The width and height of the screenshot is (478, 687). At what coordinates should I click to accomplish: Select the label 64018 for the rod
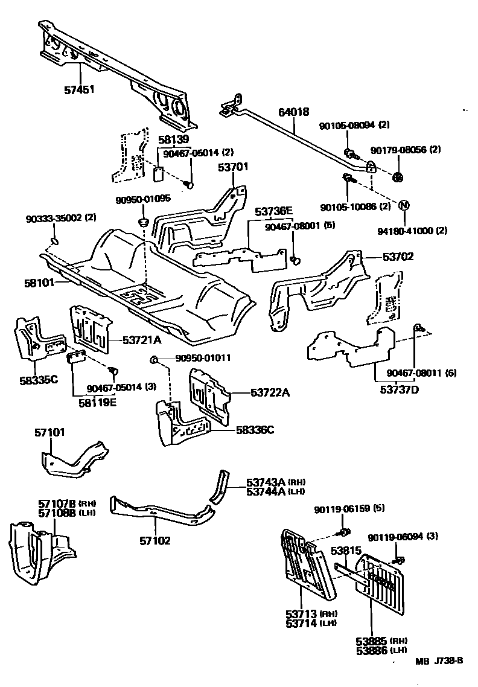[293, 112]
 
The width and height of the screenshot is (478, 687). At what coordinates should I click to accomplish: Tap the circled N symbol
[404, 205]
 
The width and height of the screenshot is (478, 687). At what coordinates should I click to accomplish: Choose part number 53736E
[273, 211]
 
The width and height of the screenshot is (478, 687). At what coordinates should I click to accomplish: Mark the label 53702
[398, 256]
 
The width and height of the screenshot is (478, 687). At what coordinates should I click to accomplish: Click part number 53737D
[399, 389]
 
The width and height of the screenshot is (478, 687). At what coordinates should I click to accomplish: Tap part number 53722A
[270, 393]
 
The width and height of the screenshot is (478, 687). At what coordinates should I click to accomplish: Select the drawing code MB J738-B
[439, 660]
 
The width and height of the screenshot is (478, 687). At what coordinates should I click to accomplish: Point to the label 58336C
[255, 430]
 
